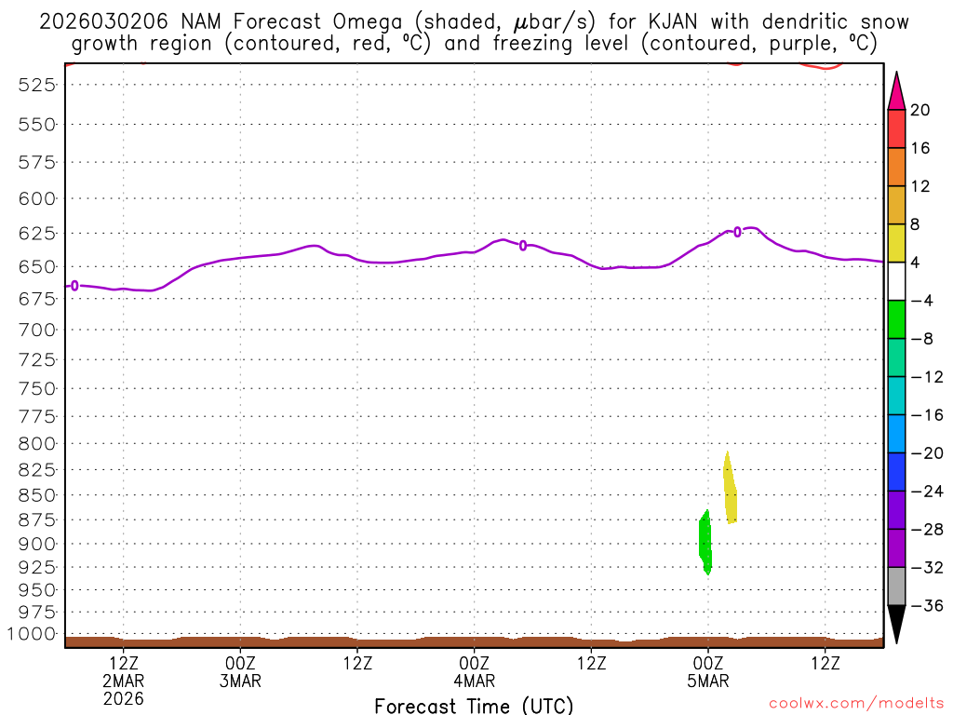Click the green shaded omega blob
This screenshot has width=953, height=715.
705,542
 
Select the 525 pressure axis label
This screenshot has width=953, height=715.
37,85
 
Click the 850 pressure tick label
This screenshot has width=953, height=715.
37,494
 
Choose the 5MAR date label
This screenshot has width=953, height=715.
708,681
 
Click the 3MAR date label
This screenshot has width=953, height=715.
240,681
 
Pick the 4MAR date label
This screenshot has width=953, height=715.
474,681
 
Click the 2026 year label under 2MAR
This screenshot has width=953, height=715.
124,698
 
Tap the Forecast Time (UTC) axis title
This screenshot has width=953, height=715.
474,705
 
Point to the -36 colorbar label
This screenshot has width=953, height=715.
925,605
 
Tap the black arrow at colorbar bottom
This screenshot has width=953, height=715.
896,623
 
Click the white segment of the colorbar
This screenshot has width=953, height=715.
896,281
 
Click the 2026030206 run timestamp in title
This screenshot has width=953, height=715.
103,21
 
